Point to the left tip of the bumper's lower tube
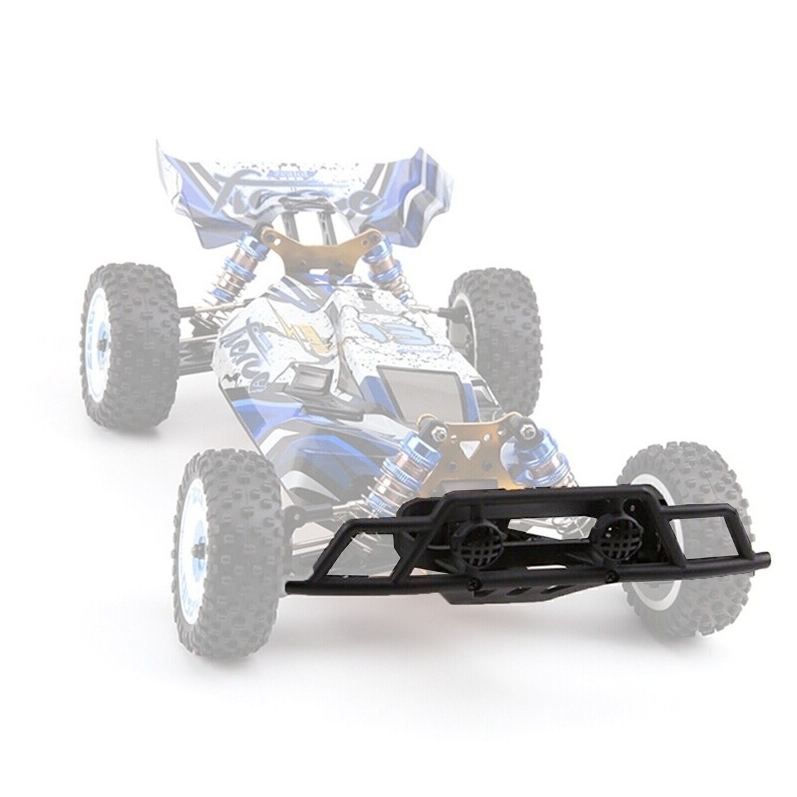293,586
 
